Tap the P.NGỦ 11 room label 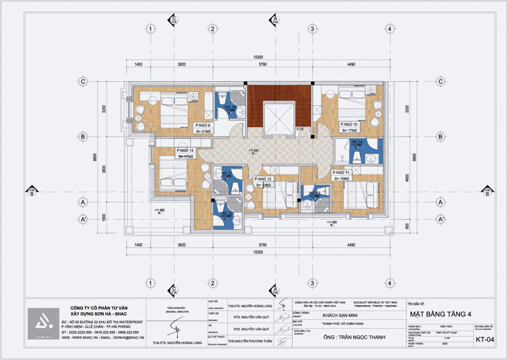point(341,173)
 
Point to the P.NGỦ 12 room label point(264,180)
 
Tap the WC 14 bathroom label point(356,142)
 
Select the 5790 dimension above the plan point(261,65)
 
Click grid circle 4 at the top point(389,29)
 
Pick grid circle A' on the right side point(438,219)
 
